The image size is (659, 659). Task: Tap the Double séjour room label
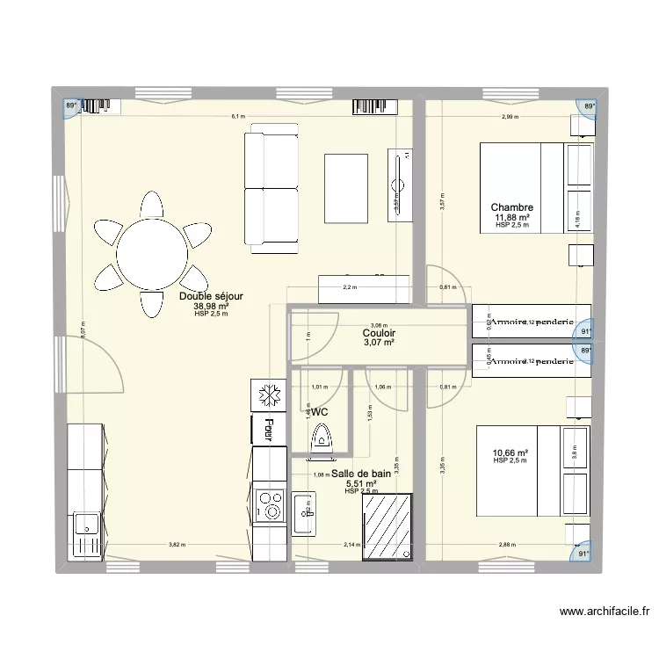pyautogui.click(x=211, y=297)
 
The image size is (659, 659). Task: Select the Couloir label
pyautogui.click(x=379, y=333)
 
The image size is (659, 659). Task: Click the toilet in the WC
pyautogui.click(x=322, y=437)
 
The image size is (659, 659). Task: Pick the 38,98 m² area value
pyautogui.click(x=211, y=306)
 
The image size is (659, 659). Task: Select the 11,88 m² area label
pyautogui.click(x=512, y=217)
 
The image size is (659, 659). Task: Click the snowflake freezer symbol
pyautogui.click(x=268, y=396)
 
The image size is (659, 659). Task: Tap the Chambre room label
pyautogui.click(x=512, y=208)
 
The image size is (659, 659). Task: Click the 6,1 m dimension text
pyautogui.click(x=238, y=116)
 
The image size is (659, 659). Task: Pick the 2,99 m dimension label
pyautogui.click(x=509, y=116)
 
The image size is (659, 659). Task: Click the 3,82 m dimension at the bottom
pyautogui.click(x=177, y=546)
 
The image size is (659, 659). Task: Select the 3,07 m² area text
pyautogui.click(x=379, y=343)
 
